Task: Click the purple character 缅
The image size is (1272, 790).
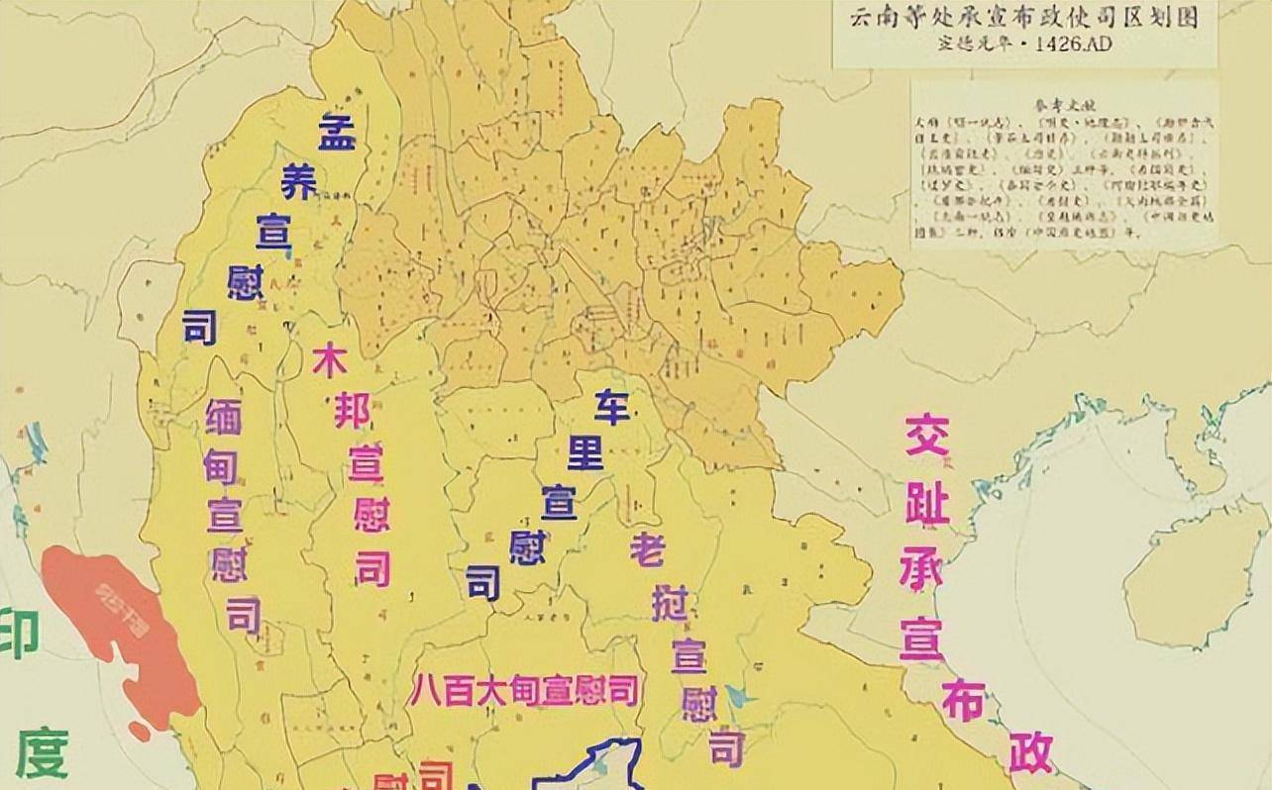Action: coord(223,416)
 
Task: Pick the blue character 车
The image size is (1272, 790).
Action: coord(611,407)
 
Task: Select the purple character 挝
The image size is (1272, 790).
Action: coord(670,603)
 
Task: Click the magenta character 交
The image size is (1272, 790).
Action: coord(926,436)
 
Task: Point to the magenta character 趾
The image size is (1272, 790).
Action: coord(928,506)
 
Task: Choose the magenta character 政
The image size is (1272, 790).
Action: coord(1030,752)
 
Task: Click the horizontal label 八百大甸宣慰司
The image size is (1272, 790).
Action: coord(524,690)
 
